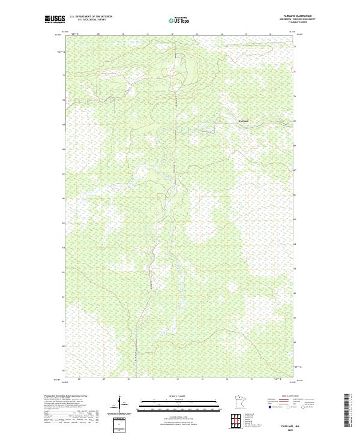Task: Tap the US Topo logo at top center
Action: [179, 20]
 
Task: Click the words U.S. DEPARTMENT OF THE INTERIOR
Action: [91, 16]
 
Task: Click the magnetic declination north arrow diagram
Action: [121, 403]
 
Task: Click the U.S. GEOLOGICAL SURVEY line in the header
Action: [91, 20]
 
